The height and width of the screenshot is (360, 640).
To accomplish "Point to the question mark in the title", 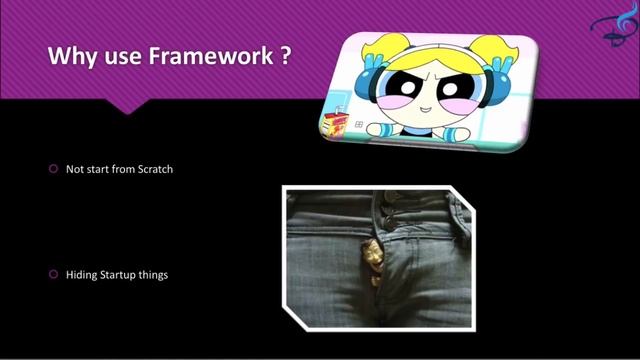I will point(285,57).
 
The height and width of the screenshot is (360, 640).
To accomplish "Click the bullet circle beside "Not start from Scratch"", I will point(54,169).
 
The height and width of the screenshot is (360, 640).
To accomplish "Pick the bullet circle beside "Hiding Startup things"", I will point(54,273).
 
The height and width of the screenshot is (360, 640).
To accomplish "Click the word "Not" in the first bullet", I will point(74,169).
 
